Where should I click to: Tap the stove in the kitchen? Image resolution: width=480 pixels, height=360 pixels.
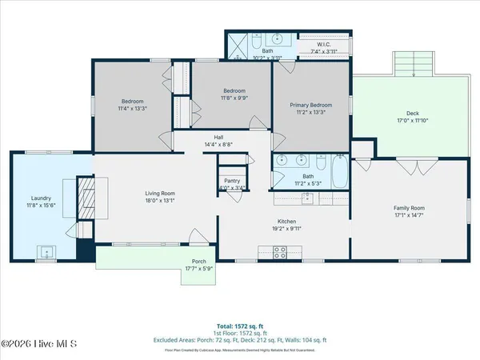click(x=280, y=252)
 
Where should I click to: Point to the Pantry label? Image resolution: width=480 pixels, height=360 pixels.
click(x=232, y=181)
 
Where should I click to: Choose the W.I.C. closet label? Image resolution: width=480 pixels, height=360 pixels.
click(x=324, y=44)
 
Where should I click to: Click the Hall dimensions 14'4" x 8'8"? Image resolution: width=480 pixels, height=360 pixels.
click(x=218, y=144)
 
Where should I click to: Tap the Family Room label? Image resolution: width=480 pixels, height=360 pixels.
click(x=409, y=208)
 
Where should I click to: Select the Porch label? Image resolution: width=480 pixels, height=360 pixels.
click(x=198, y=262)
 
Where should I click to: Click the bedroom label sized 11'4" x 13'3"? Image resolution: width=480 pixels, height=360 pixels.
click(x=132, y=102)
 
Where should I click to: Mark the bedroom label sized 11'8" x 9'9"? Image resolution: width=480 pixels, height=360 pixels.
click(x=234, y=91)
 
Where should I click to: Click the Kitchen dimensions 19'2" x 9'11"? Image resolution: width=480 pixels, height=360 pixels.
click(x=286, y=226)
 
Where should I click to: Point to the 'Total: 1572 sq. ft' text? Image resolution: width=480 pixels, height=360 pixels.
click(x=239, y=326)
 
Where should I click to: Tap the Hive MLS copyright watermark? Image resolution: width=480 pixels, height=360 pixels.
click(x=38, y=344)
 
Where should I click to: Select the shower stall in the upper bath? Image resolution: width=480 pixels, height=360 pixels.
click(x=238, y=46)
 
